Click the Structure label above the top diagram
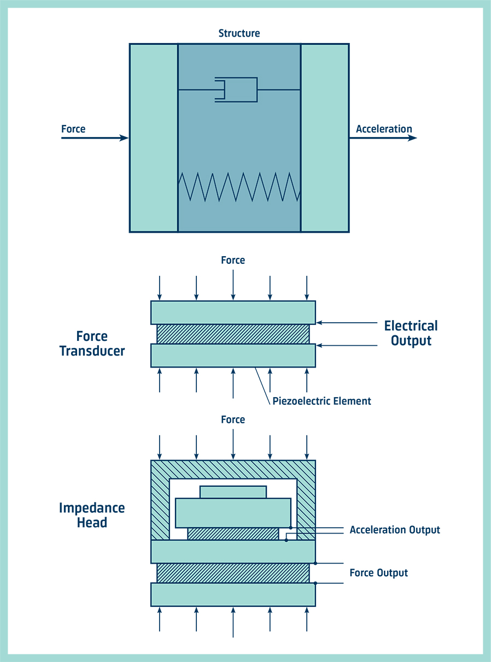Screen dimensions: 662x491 239,33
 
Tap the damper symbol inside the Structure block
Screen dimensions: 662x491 236,90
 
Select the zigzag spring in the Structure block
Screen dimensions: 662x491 239,186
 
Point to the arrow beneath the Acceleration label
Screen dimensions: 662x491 383,138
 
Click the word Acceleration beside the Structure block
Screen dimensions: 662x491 384,129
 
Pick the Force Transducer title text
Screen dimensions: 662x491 92,344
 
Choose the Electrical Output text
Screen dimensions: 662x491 411,333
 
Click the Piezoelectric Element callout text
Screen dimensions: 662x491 322,401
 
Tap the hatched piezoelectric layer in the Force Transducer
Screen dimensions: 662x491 233,334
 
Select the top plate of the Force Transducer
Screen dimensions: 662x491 233,312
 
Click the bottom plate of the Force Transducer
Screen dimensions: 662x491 233,355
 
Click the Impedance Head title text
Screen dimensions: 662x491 92,515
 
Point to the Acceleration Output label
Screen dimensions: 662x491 395,530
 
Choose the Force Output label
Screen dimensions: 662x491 378,573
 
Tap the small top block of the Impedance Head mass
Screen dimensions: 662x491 233,492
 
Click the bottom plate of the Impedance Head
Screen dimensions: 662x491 233,594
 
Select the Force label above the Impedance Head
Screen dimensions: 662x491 233,419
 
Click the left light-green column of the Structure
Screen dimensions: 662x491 154,138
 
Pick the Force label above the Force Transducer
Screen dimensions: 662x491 233,260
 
